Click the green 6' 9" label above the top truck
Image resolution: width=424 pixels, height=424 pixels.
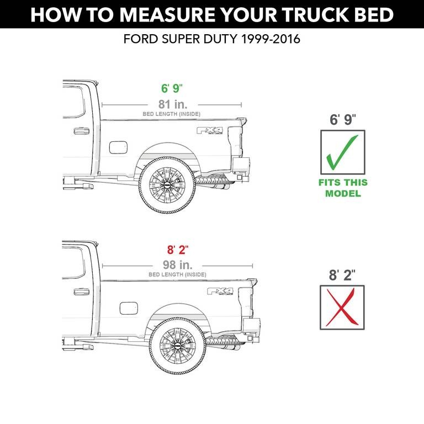[172, 89]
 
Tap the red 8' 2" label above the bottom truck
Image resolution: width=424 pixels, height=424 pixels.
[178, 250]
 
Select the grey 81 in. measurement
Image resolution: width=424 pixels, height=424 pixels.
[172, 104]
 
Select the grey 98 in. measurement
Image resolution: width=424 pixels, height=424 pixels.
[177, 265]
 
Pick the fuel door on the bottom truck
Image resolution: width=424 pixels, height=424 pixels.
[129, 308]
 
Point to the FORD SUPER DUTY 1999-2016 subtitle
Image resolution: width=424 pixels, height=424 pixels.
[212, 40]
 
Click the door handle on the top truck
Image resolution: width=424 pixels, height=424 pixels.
[81, 131]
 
